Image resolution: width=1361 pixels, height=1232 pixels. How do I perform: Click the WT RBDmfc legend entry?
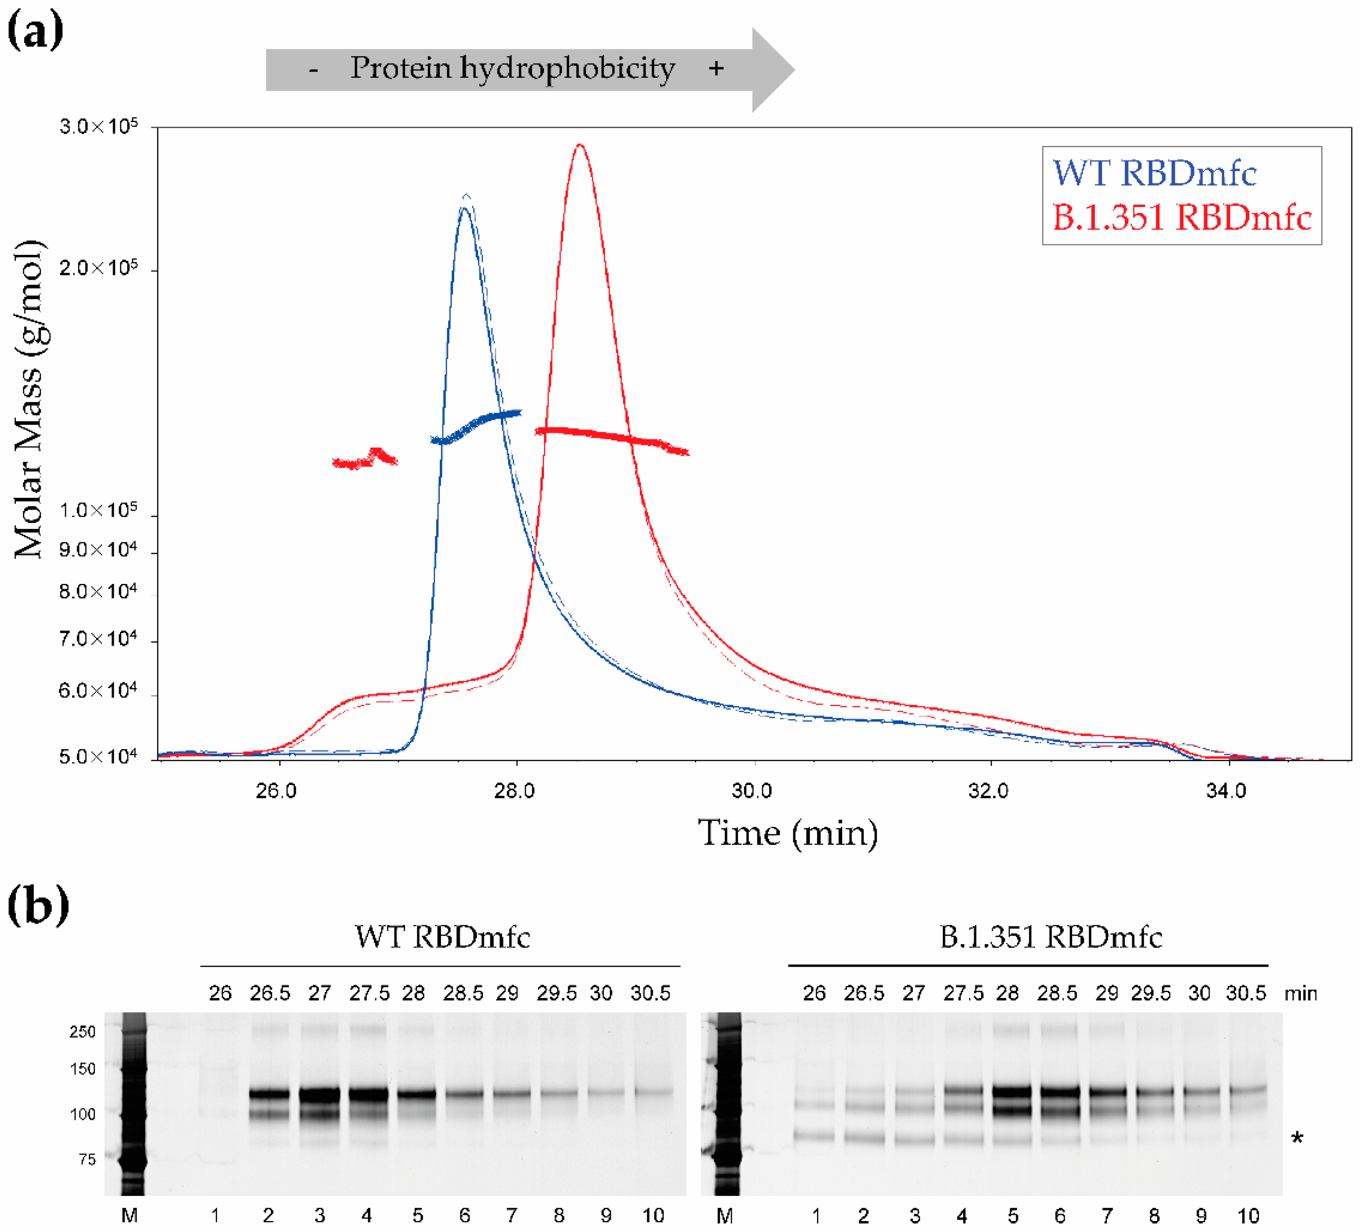pyautogui.click(x=1154, y=174)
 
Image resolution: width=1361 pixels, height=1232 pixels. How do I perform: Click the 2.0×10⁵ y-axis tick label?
pyautogui.click(x=99, y=268)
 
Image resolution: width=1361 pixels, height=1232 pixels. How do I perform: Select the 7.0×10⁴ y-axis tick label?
pyautogui.click(x=98, y=638)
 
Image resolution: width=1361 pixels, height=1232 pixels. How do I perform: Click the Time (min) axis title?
pyautogui.click(x=788, y=833)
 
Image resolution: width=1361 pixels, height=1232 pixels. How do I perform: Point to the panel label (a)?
pyautogui.click(x=35, y=31)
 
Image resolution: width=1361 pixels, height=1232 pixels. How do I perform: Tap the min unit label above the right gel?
pyautogui.click(x=1300, y=994)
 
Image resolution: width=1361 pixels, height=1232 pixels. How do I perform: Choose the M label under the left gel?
pyautogui.click(x=130, y=1216)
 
